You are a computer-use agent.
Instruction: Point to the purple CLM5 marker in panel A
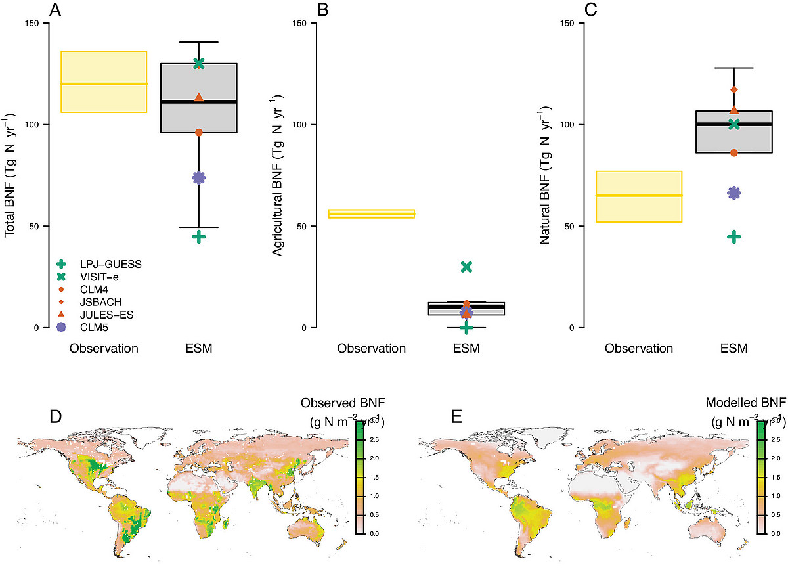(199, 178)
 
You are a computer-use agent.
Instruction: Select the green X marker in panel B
(467, 267)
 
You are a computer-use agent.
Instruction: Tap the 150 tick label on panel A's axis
(33, 24)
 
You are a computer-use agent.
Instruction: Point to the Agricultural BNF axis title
(276, 175)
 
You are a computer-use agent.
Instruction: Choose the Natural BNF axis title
(544, 175)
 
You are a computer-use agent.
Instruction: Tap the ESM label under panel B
(467, 349)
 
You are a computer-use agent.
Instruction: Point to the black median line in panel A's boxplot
(199, 102)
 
